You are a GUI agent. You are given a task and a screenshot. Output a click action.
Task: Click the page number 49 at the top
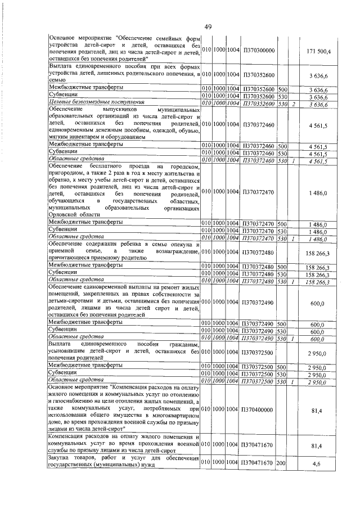208,26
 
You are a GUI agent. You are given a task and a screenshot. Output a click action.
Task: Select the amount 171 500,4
321,51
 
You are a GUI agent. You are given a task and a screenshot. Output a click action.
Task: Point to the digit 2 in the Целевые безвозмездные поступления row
294,104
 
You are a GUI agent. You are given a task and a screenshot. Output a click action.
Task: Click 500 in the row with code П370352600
282,89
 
